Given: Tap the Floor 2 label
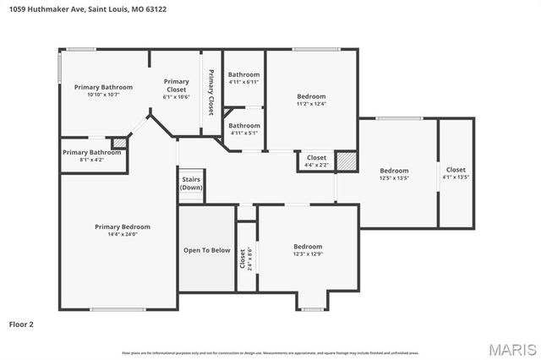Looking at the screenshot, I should (x=21, y=324).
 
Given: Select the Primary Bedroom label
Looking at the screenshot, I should (x=123, y=226).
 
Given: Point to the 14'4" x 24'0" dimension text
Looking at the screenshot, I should (x=123, y=234).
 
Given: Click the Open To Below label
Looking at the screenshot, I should (x=207, y=250).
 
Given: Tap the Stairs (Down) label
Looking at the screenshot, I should (x=191, y=183).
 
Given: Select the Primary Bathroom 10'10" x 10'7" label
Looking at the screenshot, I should (x=103, y=90).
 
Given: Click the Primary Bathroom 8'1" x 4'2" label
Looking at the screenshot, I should (x=92, y=155).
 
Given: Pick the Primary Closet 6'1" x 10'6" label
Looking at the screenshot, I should (x=176, y=89).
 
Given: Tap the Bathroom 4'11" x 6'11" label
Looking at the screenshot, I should (x=243, y=78).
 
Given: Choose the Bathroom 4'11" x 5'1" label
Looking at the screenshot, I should (x=243, y=128).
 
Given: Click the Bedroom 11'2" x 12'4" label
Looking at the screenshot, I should (x=311, y=100).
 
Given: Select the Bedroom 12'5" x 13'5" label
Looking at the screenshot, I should (x=394, y=174).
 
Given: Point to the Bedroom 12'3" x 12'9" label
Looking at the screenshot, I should (x=308, y=250).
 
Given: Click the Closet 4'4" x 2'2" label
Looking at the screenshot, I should (x=316, y=161).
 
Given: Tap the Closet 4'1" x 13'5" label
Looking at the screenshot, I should (x=456, y=172).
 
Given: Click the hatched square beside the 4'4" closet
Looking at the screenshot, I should (x=345, y=160).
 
